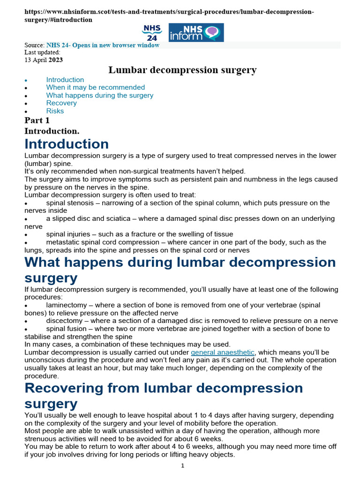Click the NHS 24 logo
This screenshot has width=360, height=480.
(152, 32)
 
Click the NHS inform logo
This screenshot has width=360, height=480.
(196, 32)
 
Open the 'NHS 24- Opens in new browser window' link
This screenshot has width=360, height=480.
(103, 45)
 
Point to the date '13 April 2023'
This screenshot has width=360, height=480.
(44, 60)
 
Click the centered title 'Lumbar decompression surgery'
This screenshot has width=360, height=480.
(182, 70)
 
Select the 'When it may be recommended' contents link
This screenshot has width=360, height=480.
(95, 87)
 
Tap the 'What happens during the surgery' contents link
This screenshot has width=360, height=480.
(99, 95)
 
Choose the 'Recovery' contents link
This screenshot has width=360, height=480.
(61, 103)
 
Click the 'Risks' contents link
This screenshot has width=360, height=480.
(55, 111)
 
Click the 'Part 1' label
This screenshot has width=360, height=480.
(37, 120)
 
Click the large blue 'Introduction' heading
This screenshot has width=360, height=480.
(67, 143)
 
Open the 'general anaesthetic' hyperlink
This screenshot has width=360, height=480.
(222, 352)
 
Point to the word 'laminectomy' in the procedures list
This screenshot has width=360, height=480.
(66, 305)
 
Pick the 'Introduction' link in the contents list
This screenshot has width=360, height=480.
(65, 80)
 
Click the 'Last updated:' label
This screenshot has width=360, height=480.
(42, 52)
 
